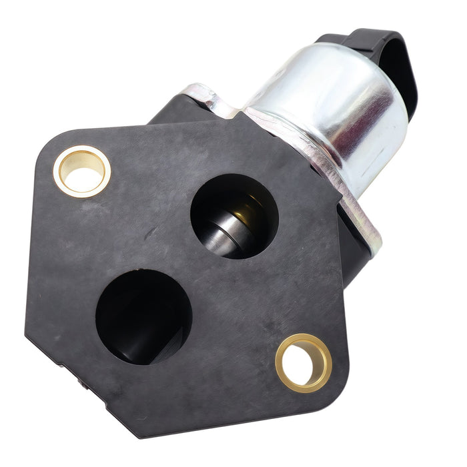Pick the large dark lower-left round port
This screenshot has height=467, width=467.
(x=143, y=315)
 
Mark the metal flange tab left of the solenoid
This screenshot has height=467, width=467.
(x=203, y=100)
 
